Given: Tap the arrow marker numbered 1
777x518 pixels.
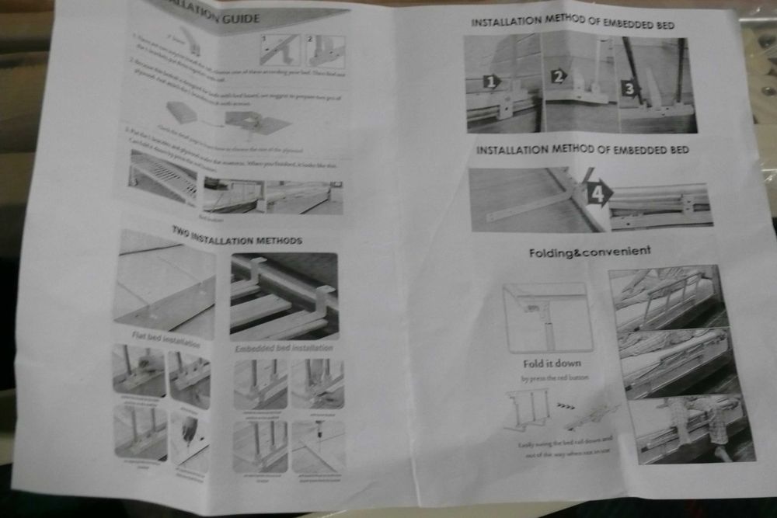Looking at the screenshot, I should (491, 81).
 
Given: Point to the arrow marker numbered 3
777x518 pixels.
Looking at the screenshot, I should (629, 87).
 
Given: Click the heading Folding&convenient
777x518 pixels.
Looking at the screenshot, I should (590, 252).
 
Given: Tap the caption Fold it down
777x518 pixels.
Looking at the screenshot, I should (551, 363).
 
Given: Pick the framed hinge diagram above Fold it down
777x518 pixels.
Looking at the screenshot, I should (547, 315).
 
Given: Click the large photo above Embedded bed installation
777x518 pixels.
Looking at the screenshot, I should (284, 296).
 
